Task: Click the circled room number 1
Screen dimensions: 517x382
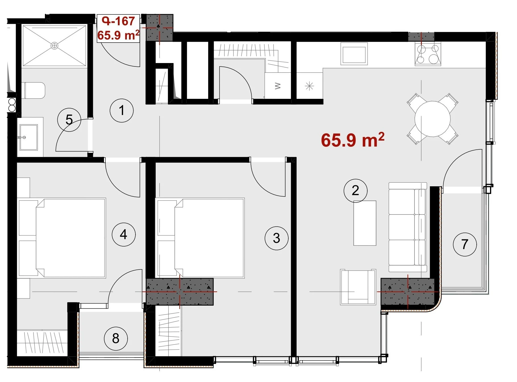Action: click(122, 110)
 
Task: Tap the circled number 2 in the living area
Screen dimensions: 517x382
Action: click(355, 191)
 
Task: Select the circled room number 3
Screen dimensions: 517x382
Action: click(276, 238)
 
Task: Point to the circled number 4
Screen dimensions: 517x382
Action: click(124, 234)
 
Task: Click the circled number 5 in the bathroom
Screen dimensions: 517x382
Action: click(69, 120)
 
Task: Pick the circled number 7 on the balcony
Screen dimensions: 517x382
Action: click(465, 244)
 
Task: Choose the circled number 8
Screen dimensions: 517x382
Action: click(116, 338)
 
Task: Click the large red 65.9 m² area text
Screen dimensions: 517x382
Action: click(353, 140)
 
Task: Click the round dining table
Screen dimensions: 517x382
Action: click(432, 119)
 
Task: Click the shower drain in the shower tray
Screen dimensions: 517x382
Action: click(54, 45)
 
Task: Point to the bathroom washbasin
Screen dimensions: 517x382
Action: click(28, 137)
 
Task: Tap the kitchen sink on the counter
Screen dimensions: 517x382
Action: click(354, 54)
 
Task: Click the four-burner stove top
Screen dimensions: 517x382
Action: click(428, 54)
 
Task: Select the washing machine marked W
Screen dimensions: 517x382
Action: click(278, 86)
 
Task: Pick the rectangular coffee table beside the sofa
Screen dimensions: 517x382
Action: click(365, 223)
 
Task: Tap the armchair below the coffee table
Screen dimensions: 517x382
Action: click(358, 287)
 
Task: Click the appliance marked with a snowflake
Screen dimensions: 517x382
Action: click(309, 86)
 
